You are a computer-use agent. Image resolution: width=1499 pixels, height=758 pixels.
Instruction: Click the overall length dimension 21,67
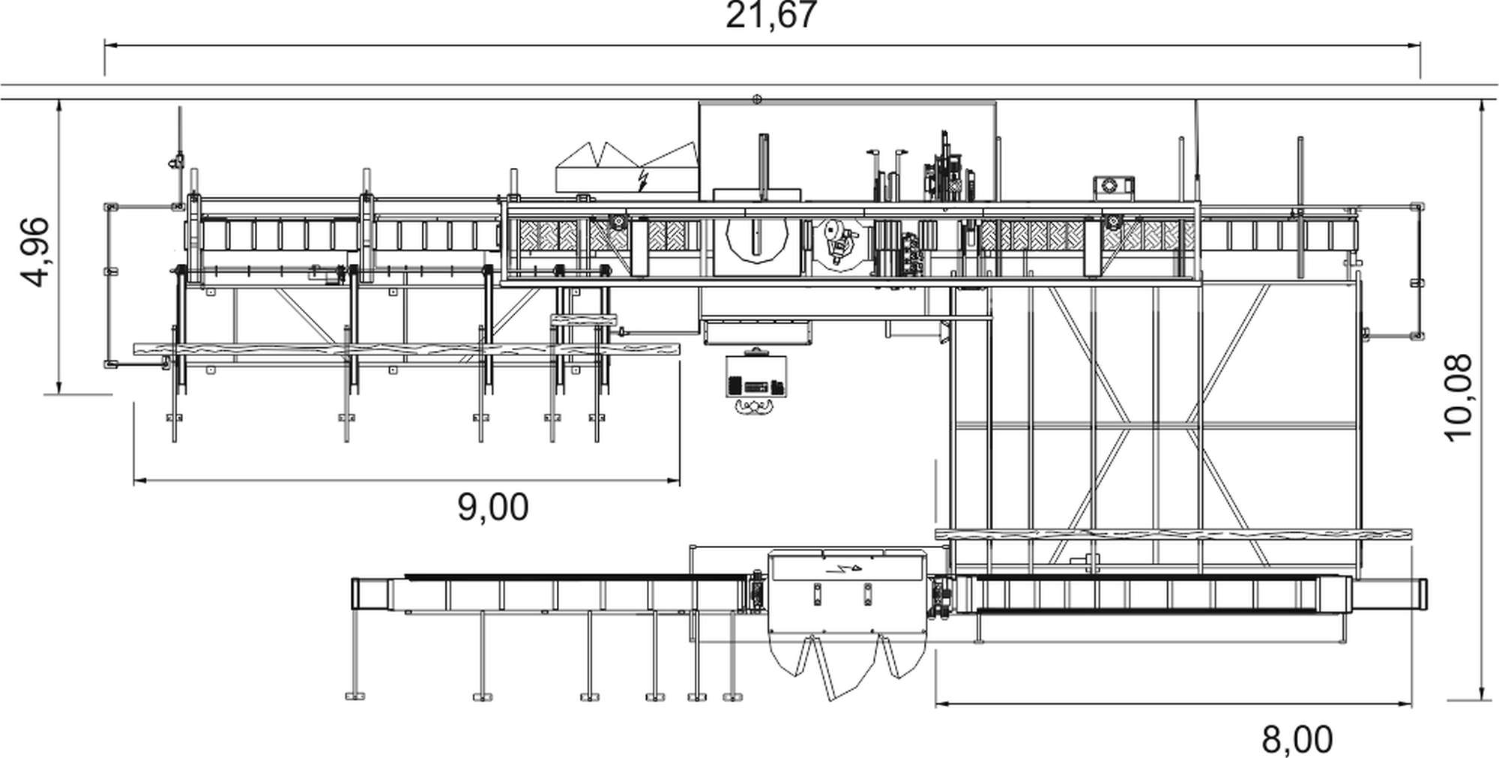click(770, 15)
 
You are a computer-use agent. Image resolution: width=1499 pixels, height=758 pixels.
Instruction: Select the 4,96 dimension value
click(35, 252)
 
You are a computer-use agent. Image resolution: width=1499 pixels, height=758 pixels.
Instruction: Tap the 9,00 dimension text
click(493, 508)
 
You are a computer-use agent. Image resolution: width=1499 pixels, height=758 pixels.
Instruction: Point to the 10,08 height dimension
click(1458, 397)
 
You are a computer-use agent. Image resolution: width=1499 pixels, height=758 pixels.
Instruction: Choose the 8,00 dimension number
click(1297, 740)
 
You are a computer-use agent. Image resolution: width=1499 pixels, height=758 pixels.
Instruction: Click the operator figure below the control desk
click(755, 407)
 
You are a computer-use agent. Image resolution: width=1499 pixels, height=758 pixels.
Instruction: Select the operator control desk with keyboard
click(756, 375)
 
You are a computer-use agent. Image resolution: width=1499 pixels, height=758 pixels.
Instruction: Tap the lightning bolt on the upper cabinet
click(642, 178)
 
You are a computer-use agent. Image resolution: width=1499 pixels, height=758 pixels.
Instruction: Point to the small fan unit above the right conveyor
click(1113, 185)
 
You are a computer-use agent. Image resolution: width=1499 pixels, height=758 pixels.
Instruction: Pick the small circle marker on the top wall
click(757, 99)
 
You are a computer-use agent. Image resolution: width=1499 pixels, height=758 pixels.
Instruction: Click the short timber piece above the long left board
click(583, 320)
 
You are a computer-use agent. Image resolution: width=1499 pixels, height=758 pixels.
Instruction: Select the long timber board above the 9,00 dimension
click(407, 349)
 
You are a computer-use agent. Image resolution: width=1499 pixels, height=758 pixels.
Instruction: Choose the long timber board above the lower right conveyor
click(1174, 535)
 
